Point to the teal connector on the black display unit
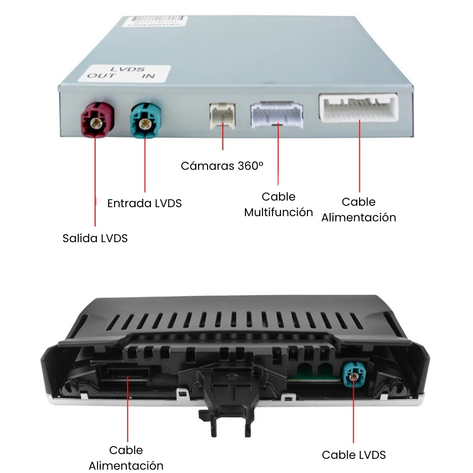point(353,376)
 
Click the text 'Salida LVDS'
point(95,238)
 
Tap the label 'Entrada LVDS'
point(144,203)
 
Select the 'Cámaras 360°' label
point(222,166)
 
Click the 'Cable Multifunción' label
point(279,204)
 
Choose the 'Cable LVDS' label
point(354,455)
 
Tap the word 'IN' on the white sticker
point(148,76)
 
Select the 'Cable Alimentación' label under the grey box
point(359,210)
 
